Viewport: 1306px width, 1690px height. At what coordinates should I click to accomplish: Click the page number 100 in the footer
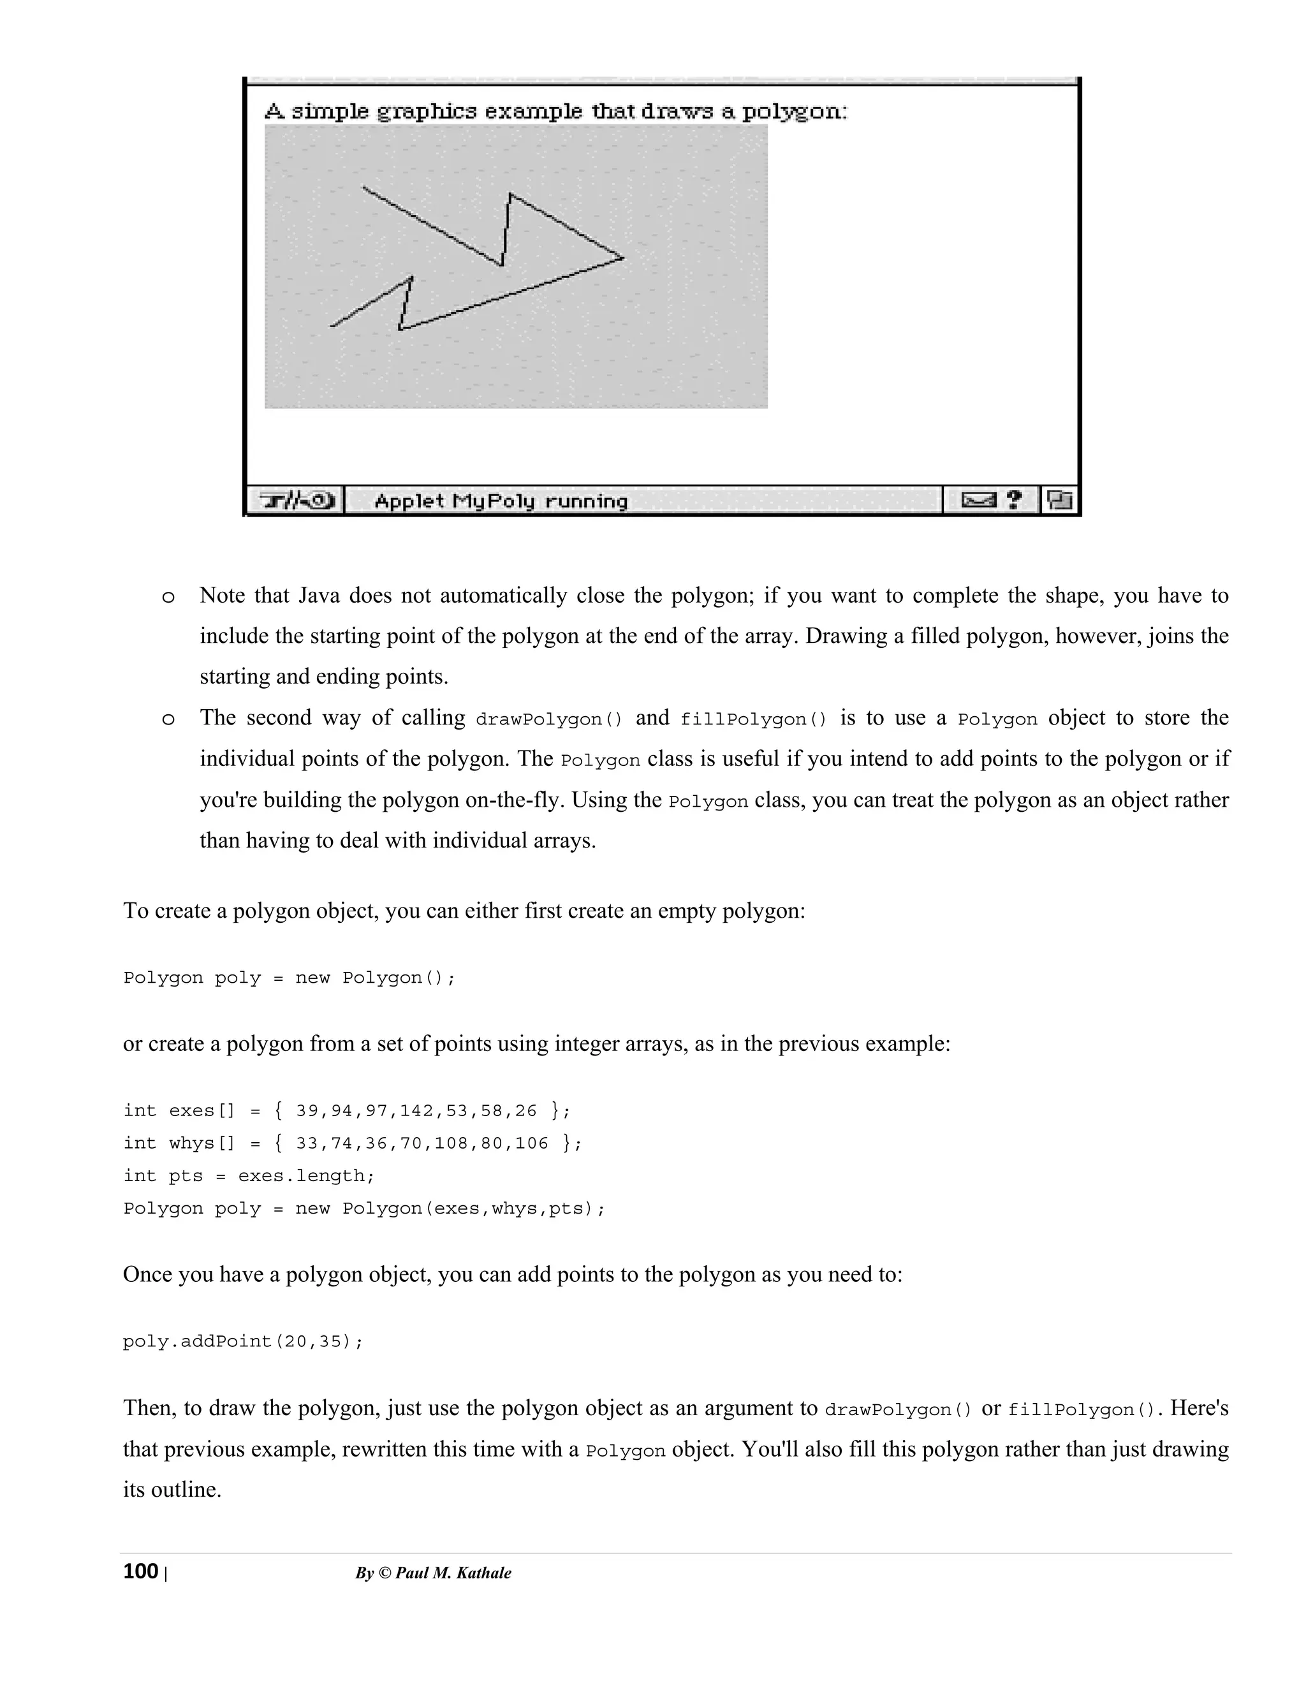click(x=140, y=1571)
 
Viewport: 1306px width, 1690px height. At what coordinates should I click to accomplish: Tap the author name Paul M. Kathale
click(x=453, y=1573)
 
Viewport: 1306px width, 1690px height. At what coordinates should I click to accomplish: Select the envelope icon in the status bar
click(x=978, y=501)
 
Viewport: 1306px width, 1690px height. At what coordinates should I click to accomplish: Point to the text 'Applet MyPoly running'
click(x=501, y=501)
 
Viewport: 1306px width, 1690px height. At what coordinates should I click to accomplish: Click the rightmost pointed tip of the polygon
click(x=623, y=257)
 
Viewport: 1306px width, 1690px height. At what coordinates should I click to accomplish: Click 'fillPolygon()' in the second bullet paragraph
click(x=754, y=719)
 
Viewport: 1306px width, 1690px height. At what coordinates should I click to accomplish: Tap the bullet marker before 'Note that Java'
click(x=168, y=598)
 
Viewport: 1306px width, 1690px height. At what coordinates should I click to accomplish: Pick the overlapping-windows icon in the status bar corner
click(x=1059, y=501)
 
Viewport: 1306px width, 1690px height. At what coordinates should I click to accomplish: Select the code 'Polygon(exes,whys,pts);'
click(x=474, y=1209)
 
